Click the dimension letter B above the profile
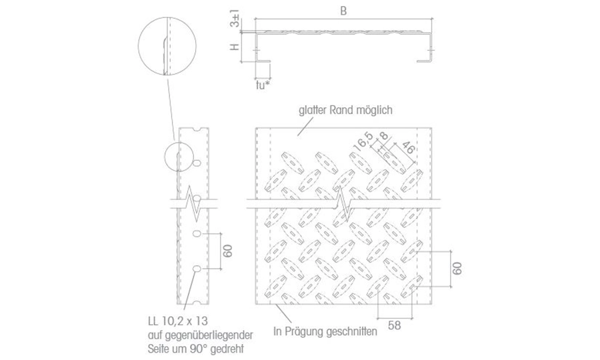pos(343,11)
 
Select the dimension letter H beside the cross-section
pos(235,47)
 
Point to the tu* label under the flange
pos(263,85)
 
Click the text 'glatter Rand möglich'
pos(345,110)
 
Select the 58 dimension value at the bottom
pos(395,325)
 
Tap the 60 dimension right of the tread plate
pos(457,268)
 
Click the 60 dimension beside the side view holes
pos(228,251)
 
